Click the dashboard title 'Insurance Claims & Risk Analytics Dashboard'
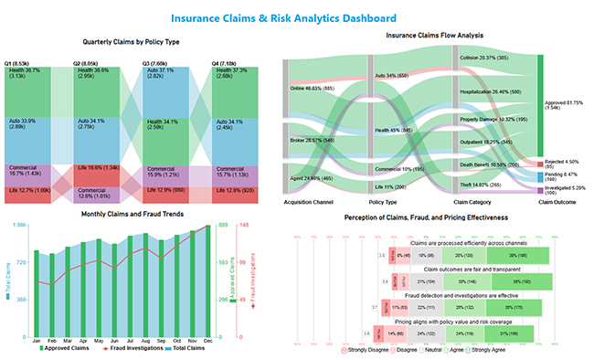point(296,18)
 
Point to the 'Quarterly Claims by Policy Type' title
point(131,42)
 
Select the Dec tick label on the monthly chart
point(209,340)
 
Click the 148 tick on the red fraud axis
point(244,225)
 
